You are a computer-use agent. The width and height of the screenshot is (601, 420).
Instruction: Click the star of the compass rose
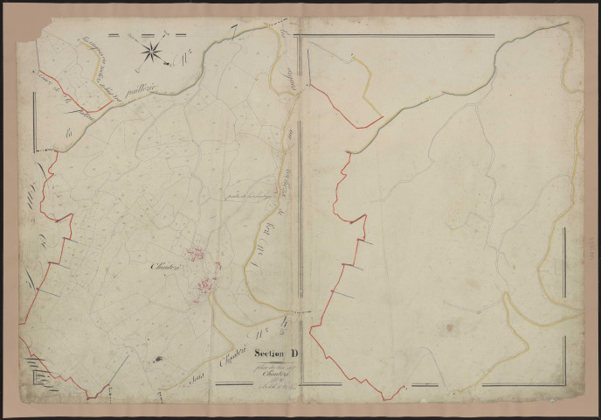(150, 52)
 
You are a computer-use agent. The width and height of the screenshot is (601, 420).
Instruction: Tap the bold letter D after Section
(294, 353)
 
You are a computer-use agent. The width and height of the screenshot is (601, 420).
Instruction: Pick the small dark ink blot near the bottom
(159, 359)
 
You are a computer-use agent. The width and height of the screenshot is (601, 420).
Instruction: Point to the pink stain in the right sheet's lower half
(449, 328)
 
